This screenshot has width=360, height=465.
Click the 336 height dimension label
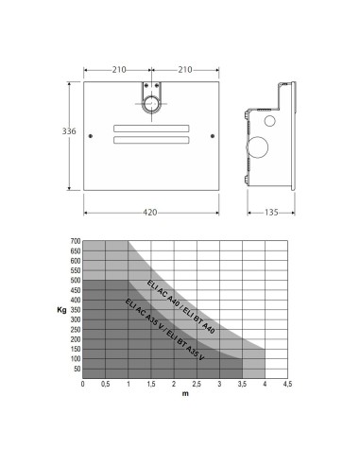click(69, 131)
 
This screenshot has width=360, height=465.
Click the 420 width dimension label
click(150, 213)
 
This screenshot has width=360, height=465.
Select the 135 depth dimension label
click(271, 213)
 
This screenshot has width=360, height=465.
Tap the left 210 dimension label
click(119, 70)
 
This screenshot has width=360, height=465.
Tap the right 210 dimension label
click(185, 70)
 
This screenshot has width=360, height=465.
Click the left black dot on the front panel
click(91, 136)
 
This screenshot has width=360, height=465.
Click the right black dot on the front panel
click(213, 136)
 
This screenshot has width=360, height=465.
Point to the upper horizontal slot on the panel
click(151, 129)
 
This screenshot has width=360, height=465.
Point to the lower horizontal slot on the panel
click(151, 140)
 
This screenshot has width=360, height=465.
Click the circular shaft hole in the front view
click(151, 95)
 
